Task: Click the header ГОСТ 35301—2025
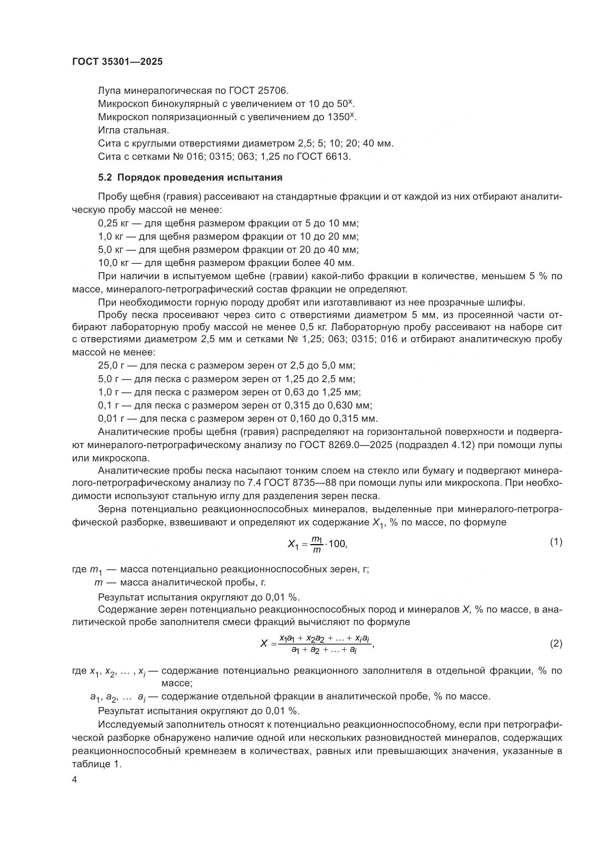(x=117, y=62)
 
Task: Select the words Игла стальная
(x=133, y=130)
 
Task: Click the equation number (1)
(x=556, y=542)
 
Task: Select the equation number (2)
(x=556, y=643)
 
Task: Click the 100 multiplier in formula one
(x=337, y=544)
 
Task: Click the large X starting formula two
(x=264, y=643)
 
